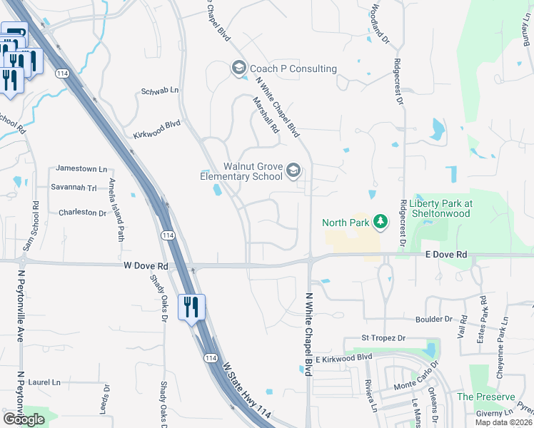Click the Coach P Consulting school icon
pos(238,68)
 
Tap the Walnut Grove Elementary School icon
pos(293,170)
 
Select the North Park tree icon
pos(381,222)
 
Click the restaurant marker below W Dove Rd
pos(191,307)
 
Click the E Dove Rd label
pos(445,254)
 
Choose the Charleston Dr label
pos(82,212)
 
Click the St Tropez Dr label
pos(383,337)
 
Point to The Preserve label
pos(485,397)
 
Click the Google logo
pos(24,419)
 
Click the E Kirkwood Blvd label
pos(345,357)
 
